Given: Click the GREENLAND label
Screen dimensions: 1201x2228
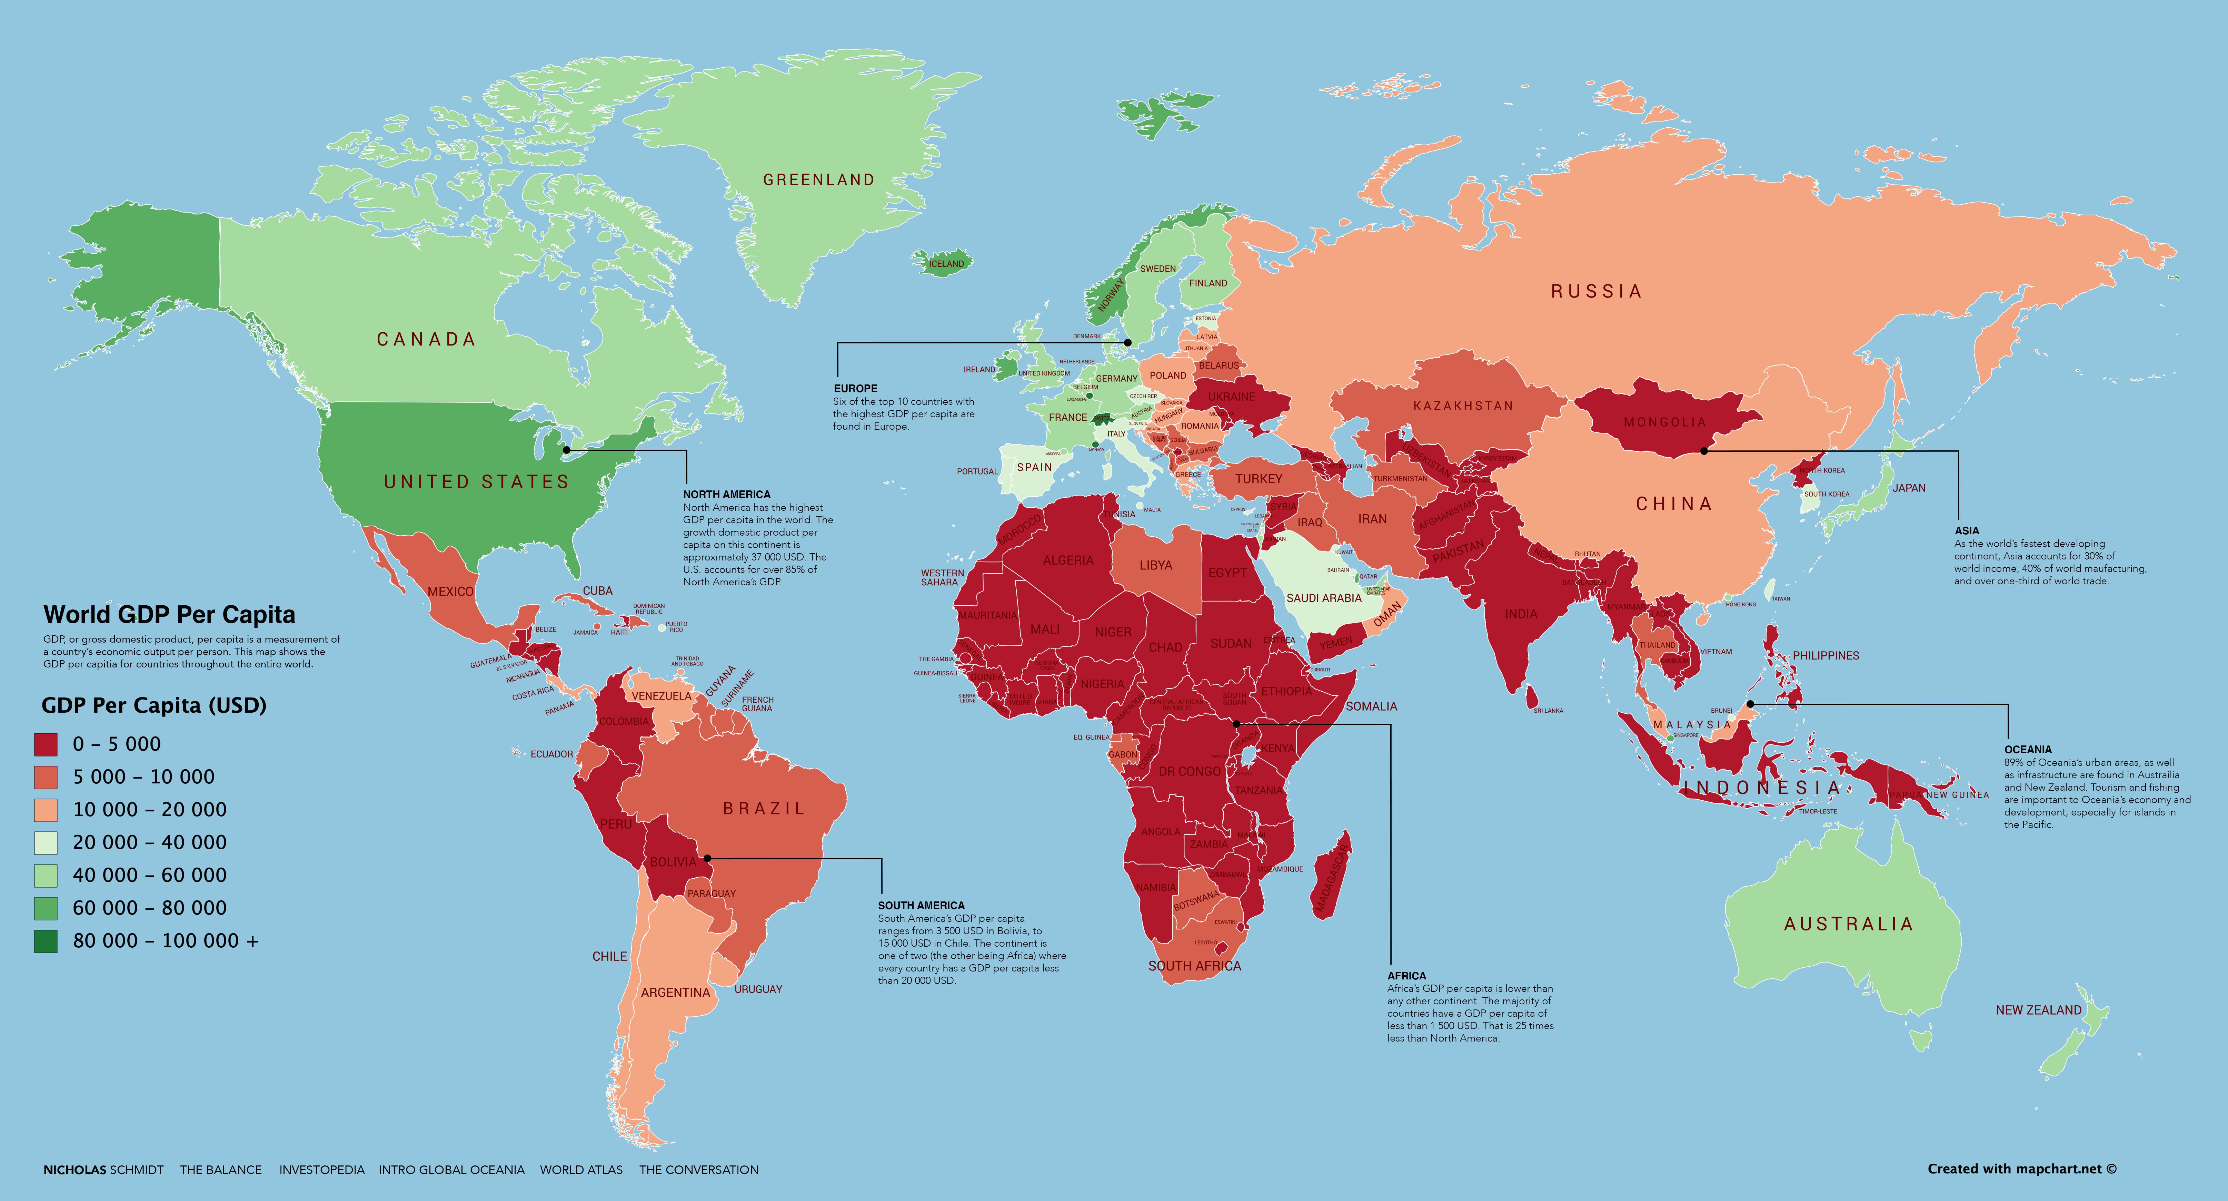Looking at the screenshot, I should [818, 180].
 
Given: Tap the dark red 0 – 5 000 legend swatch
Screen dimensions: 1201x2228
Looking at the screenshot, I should [46, 744].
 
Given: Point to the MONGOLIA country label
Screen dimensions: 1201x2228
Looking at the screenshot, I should [1665, 422].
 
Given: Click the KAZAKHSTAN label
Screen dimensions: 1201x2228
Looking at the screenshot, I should [1463, 406].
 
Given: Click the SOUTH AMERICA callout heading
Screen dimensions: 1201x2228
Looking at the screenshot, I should [921, 905].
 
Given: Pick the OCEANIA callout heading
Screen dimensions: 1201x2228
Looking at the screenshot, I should [2028, 749].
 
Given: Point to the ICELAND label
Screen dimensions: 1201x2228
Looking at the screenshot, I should [946, 264].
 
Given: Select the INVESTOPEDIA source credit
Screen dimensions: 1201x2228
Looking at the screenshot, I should [322, 1170].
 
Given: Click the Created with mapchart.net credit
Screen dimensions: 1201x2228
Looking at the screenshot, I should [2021, 1169].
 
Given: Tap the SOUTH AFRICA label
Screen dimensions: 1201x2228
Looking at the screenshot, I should [1194, 966].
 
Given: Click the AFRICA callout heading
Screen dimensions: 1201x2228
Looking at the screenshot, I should [1406, 975].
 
